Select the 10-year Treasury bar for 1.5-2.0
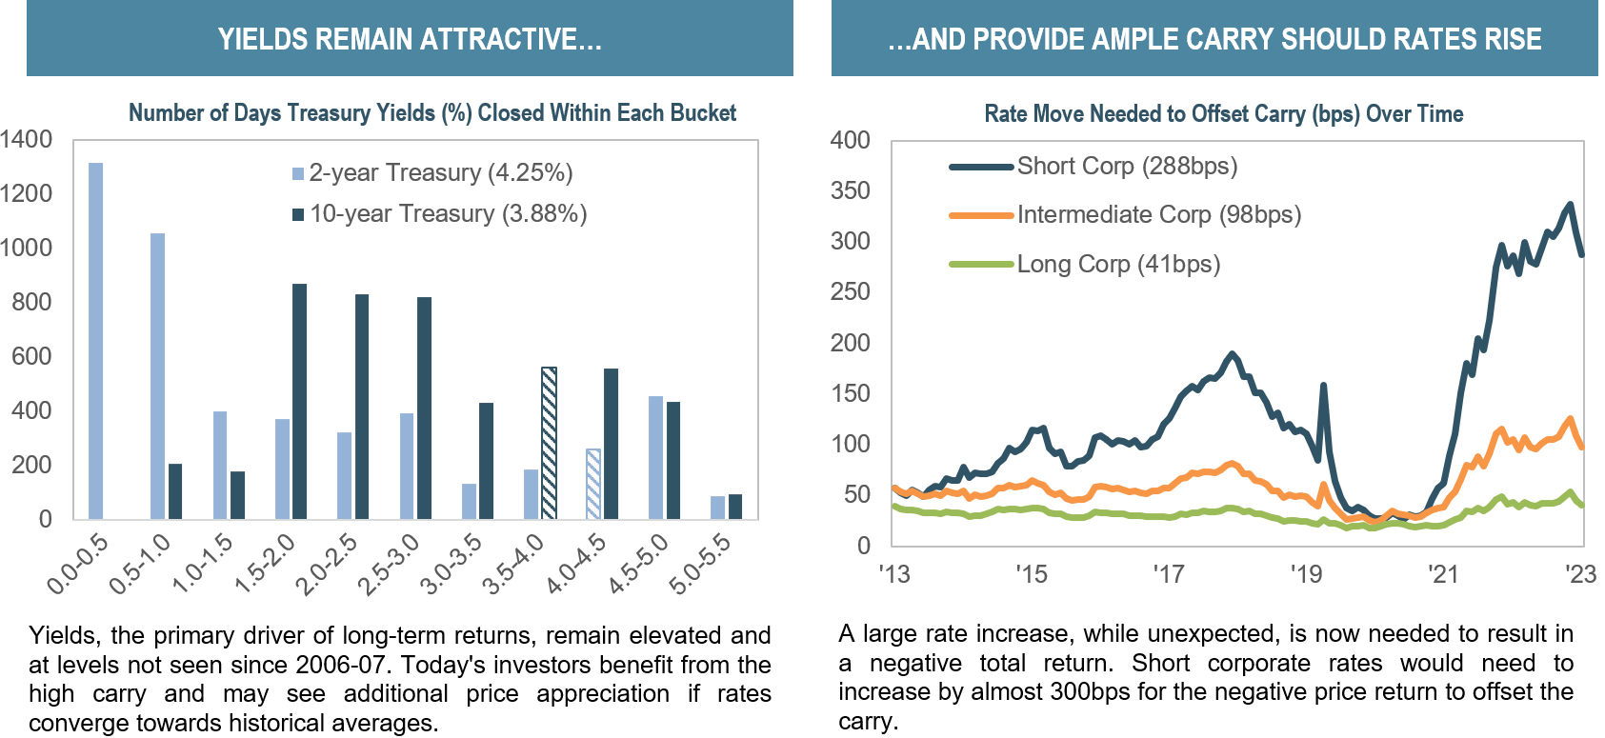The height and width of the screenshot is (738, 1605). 299,401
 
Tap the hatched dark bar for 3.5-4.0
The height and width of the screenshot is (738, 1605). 549,443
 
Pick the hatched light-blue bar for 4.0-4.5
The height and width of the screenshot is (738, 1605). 593,484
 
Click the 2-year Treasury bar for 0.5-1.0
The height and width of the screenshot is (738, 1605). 157,376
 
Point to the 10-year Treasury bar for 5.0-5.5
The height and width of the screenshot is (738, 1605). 735,507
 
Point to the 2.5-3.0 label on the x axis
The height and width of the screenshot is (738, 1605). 390,565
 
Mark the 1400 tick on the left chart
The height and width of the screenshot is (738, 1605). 26,140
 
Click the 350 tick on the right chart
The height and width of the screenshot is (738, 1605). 851,191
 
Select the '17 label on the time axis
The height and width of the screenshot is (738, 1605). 1168,574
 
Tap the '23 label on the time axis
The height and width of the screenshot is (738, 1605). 1580,574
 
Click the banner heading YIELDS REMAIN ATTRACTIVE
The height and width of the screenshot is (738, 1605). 410,39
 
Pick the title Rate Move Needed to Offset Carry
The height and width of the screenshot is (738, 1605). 1223,114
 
